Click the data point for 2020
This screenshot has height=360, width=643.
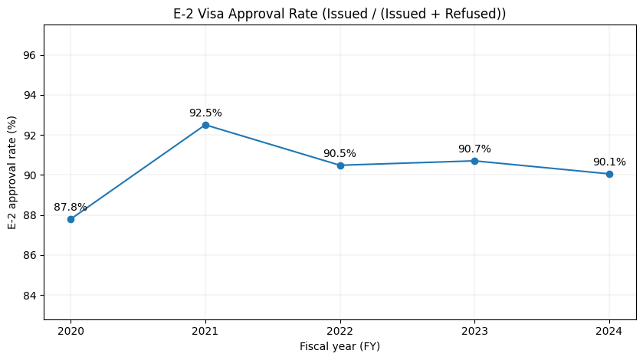pos(71,219)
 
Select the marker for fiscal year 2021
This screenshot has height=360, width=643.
pos(205,125)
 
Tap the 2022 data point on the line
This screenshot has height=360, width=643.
pos(340,165)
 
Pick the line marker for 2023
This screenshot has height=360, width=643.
pos(474,161)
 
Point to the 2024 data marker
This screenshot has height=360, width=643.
pos(609,174)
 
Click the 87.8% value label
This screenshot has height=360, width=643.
pos(71,208)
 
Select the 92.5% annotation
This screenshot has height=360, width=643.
pos(205,113)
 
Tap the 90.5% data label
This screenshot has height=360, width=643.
pos(340,154)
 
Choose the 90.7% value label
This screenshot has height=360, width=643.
pos(474,149)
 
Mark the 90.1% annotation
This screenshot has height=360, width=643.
pos(609,162)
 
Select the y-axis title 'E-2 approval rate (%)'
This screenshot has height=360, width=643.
pos(12,172)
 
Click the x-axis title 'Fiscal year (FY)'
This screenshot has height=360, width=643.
pos(340,346)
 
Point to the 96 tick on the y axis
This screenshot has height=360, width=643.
pos(31,55)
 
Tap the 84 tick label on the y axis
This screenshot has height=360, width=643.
pos(31,295)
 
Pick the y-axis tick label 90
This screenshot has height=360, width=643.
pos(31,175)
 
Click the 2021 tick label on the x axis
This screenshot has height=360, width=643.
pos(205,331)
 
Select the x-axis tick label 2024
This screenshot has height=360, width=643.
pos(609,331)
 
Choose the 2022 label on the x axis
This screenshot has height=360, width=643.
pos(340,331)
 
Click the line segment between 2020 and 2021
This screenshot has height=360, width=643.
pos(138,172)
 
